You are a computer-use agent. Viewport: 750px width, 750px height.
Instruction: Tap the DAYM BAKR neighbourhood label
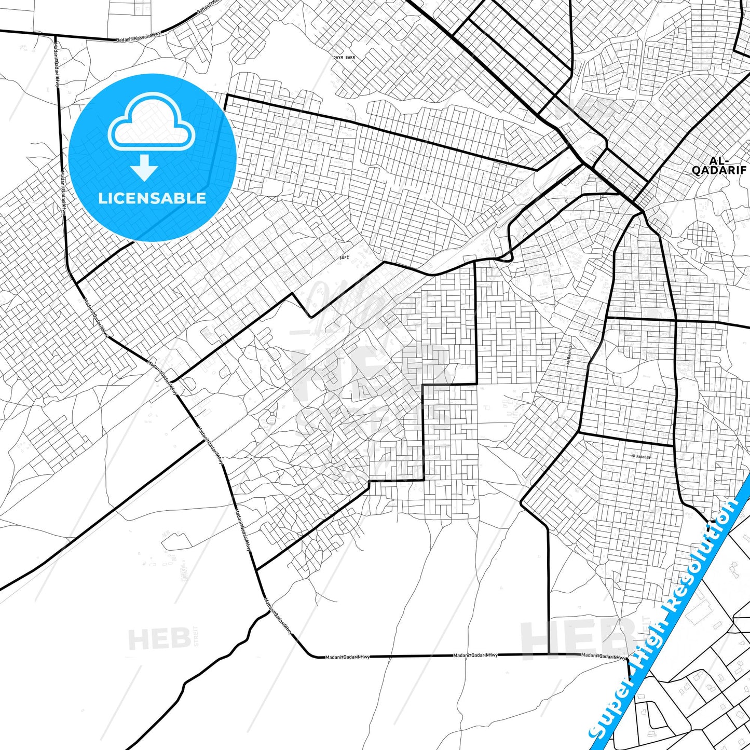pyautogui.click(x=344, y=57)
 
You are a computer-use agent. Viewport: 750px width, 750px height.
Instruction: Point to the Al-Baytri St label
pyautogui.click(x=569, y=355)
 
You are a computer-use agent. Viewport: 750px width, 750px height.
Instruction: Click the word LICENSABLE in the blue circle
pyautogui.click(x=152, y=198)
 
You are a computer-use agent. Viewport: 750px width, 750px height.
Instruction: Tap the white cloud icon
pyautogui.click(x=151, y=125)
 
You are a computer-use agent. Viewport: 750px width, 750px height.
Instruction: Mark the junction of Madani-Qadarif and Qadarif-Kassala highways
pyautogui.click(x=55, y=36)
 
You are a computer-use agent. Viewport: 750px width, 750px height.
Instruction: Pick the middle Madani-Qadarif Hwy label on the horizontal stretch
pyautogui.click(x=475, y=655)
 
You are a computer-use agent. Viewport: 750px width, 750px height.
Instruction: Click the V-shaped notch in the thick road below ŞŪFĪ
pyautogui.click(x=310, y=317)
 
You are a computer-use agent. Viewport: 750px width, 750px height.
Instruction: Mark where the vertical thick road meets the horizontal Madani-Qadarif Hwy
pyautogui.click(x=548, y=654)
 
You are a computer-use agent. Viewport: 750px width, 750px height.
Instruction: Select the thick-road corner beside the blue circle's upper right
pyautogui.click(x=227, y=96)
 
